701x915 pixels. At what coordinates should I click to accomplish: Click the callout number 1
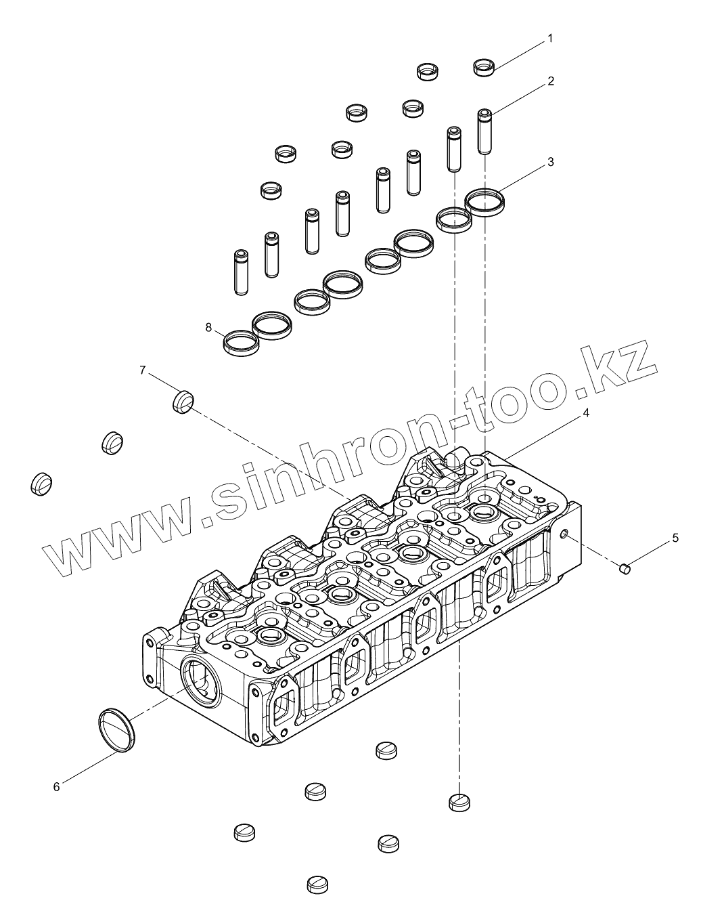(x=550, y=39)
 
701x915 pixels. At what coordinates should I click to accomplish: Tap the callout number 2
(x=551, y=81)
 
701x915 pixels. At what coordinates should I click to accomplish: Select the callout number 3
(x=551, y=163)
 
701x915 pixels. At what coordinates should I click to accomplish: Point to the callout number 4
(x=586, y=413)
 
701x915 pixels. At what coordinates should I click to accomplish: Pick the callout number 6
(x=57, y=786)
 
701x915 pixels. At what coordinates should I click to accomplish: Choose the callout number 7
(x=143, y=370)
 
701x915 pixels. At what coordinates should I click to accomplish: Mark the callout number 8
(x=209, y=328)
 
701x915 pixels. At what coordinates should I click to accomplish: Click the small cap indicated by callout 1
(x=484, y=67)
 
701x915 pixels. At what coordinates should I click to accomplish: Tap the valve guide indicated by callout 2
(x=484, y=131)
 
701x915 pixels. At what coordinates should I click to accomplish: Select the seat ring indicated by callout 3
(x=485, y=201)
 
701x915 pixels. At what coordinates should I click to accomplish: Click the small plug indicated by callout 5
(x=625, y=570)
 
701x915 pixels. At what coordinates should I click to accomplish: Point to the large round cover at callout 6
(x=116, y=729)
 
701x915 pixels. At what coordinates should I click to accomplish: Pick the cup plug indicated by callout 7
(x=183, y=402)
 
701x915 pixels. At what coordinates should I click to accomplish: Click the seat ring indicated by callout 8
(x=241, y=342)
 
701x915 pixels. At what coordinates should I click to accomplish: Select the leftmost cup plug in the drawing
(x=41, y=483)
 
